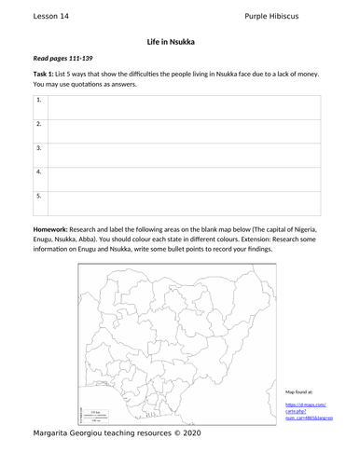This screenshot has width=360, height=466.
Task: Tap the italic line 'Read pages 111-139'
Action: tap(63, 59)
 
